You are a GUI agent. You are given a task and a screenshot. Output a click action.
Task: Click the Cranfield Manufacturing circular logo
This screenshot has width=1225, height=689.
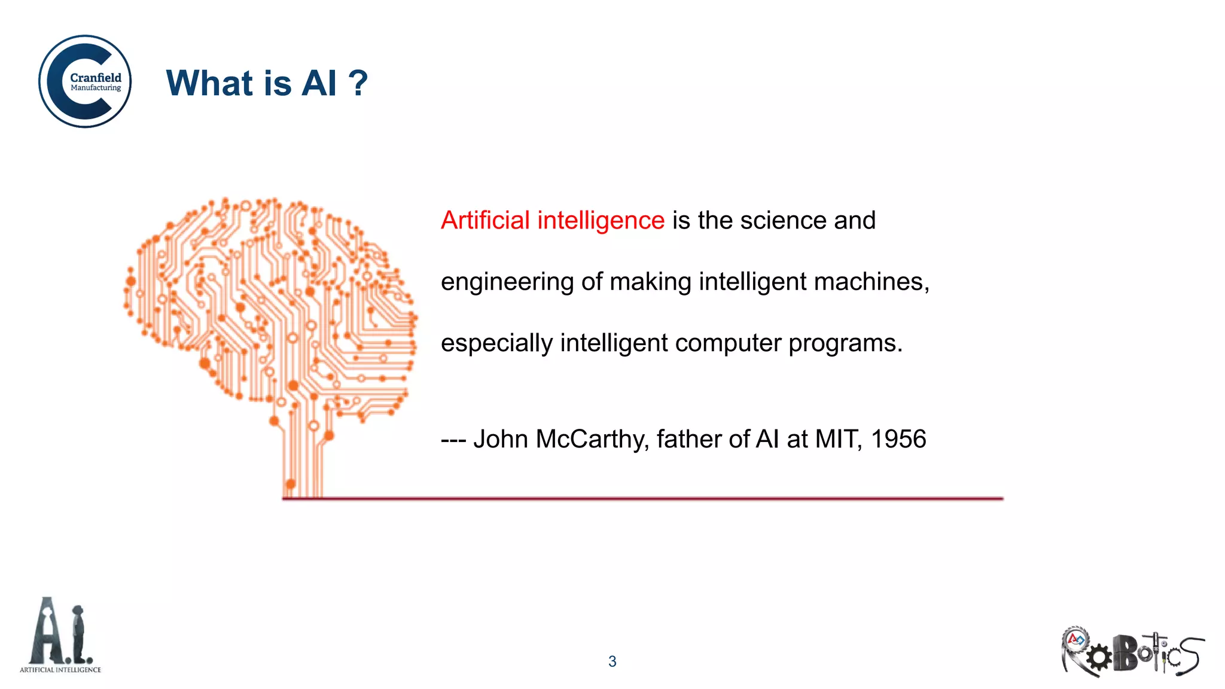[x=85, y=81]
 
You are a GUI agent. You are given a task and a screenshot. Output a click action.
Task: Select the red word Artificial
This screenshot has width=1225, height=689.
[x=485, y=220]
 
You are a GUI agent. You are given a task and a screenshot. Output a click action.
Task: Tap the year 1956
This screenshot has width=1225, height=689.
[x=898, y=439]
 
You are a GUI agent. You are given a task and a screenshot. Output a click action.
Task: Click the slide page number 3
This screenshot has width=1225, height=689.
[x=612, y=661]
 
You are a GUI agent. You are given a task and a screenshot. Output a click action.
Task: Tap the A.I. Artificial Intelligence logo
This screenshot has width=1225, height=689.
[x=60, y=636]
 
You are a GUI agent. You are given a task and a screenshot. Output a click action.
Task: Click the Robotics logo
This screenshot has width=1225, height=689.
[x=1132, y=652]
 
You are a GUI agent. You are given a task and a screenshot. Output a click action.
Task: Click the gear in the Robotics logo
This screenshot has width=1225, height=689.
[x=1099, y=658]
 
